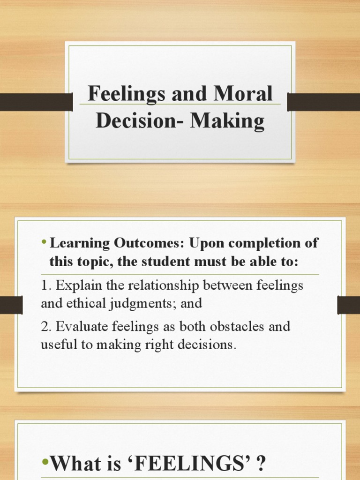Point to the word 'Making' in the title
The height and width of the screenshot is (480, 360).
[x=227, y=121]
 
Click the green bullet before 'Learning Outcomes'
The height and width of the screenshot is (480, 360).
[x=44, y=242]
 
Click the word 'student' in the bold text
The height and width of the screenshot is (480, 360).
[x=158, y=262]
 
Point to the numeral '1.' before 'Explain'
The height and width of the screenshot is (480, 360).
[x=45, y=285]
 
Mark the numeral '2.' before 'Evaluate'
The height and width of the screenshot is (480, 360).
[x=45, y=327]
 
